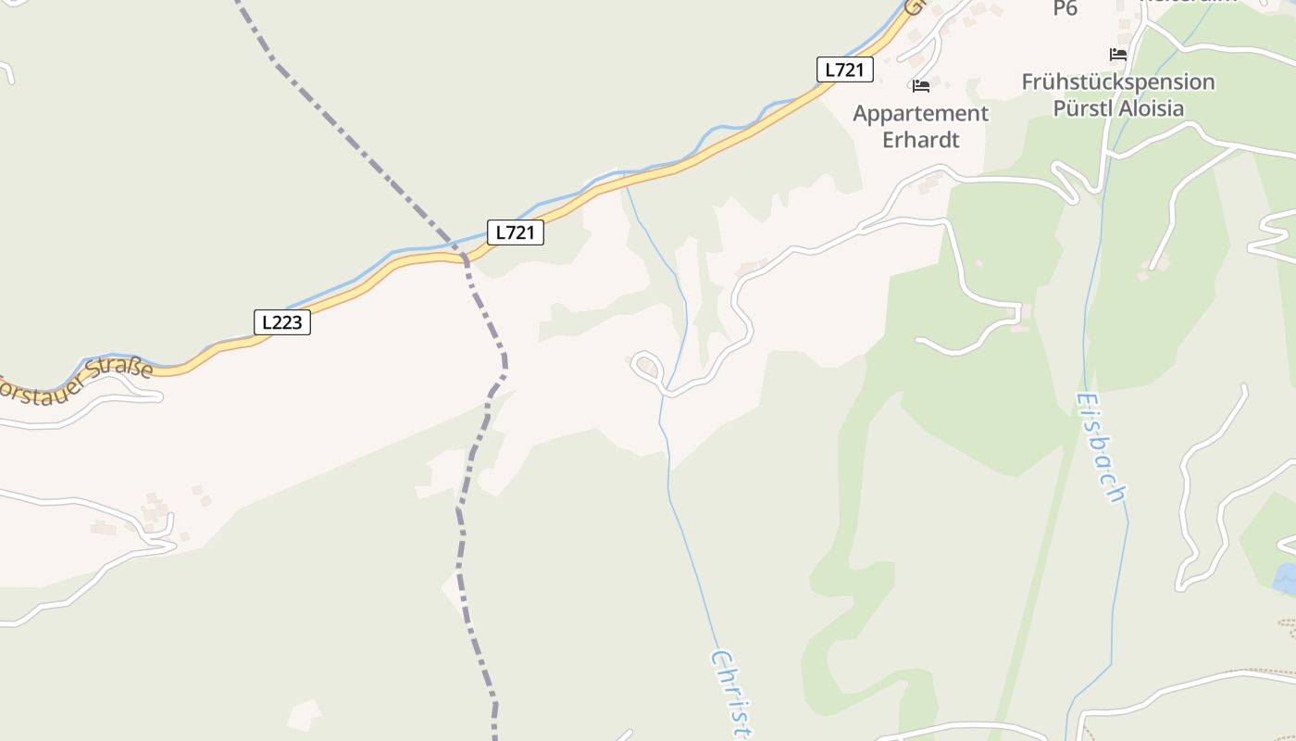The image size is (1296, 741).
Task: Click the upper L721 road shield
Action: [x=844, y=69]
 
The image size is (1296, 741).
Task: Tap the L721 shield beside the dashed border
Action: [x=515, y=232]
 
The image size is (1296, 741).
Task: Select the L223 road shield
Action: [x=281, y=322]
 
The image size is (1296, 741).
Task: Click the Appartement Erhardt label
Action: [x=920, y=127]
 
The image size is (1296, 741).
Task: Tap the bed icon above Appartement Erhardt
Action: [x=920, y=86]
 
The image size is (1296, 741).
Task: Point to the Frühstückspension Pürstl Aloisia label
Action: [x=1118, y=94]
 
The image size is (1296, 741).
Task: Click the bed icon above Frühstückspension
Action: [x=1118, y=55]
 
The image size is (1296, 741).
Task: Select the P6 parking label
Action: [x=1065, y=8]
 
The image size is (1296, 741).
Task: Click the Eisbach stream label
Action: [x=1102, y=447]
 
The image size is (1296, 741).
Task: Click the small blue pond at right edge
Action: [x=1286, y=579]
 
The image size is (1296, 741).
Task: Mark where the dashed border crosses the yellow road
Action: [x=463, y=257]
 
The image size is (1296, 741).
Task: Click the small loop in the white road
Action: [x=645, y=365]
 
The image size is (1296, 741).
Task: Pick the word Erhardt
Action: [x=920, y=140]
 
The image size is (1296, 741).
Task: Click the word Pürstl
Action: [x=1081, y=108]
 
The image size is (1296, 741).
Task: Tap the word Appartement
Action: [x=920, y=114]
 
